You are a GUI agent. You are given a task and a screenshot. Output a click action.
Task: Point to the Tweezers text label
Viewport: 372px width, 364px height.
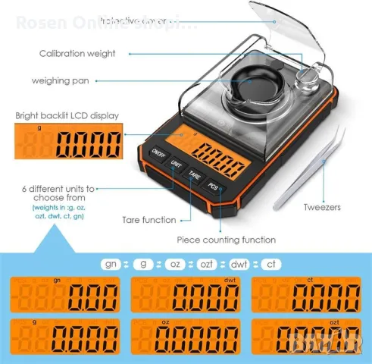click(x=323, y=206)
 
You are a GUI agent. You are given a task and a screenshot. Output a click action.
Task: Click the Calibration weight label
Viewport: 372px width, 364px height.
click(x=77, y=54)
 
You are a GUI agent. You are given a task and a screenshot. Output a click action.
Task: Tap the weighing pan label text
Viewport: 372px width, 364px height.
click(x=61, y=80)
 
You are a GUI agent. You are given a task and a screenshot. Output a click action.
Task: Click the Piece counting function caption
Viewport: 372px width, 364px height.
click(x=227, y=240)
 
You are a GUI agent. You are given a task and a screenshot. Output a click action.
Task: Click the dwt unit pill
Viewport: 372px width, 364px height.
click(x=241, y=264)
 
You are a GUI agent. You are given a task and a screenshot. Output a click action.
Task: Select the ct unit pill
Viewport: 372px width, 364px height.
click(x=270, y=264)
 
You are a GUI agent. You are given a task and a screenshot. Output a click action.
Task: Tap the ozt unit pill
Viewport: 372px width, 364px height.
click(x=209, y=264)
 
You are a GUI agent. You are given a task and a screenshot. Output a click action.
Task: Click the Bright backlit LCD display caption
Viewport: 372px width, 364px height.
click(x=67, y=116)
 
